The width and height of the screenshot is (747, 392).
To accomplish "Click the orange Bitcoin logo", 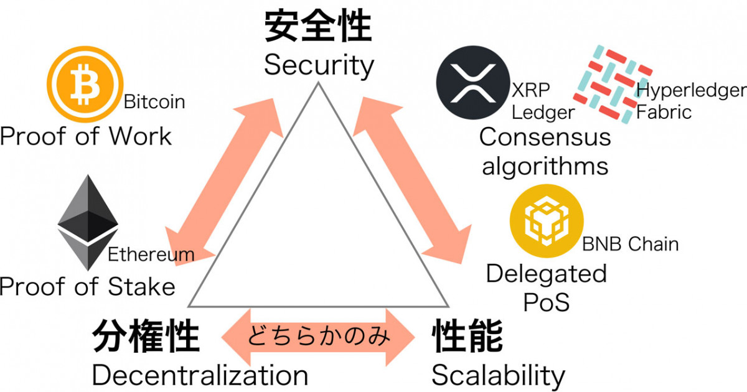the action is [x=85, y=84].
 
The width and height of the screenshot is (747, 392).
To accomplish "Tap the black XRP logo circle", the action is [x=473, y=83].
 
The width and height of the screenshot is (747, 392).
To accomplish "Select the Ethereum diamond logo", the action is [x=88, y=222].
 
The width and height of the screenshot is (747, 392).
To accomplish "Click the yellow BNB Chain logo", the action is [x=547, y=221].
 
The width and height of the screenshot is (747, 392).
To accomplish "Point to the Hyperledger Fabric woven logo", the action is [x=613, y=84].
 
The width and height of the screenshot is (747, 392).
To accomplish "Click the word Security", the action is [x=319, y=66].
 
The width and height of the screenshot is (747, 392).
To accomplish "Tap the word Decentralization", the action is [x=200, y=375].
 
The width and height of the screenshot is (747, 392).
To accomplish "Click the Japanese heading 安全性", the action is [x=318, y=26].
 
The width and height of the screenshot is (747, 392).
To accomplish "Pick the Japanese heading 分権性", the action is [x=146, y=335].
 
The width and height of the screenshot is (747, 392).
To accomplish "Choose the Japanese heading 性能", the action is [x=467, y=335].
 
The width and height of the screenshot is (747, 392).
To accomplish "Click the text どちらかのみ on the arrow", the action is [x=319, y=335].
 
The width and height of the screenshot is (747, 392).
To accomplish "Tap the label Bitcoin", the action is [x=154, y=101].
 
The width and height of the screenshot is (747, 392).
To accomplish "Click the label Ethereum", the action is [x=151, y=254].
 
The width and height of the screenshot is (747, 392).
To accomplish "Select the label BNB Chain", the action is [x=630, y=244].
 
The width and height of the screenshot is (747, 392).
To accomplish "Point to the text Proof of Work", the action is [x=86, y=136].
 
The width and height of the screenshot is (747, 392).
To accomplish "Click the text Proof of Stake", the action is [x=87, y=286].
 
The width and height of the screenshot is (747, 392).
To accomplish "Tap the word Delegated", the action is [x=547, y=274].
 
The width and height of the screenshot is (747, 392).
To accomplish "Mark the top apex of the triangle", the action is [x=318, y=83].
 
